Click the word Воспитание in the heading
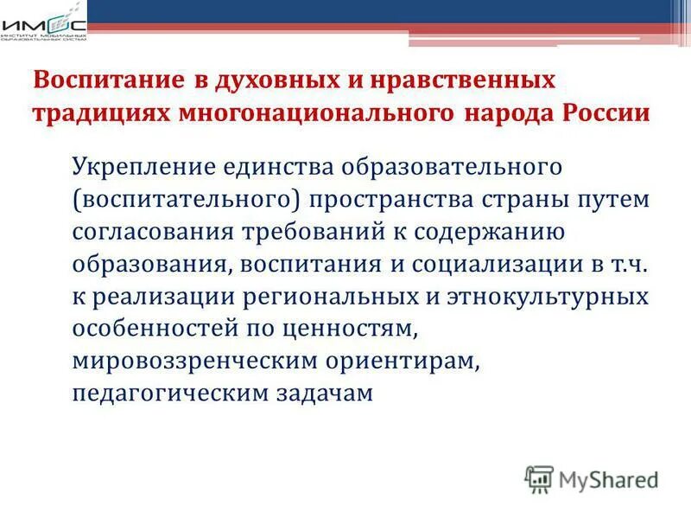[x=96, y=81]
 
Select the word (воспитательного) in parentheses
[x=186, y=198]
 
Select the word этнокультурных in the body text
[x=547, y=297]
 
